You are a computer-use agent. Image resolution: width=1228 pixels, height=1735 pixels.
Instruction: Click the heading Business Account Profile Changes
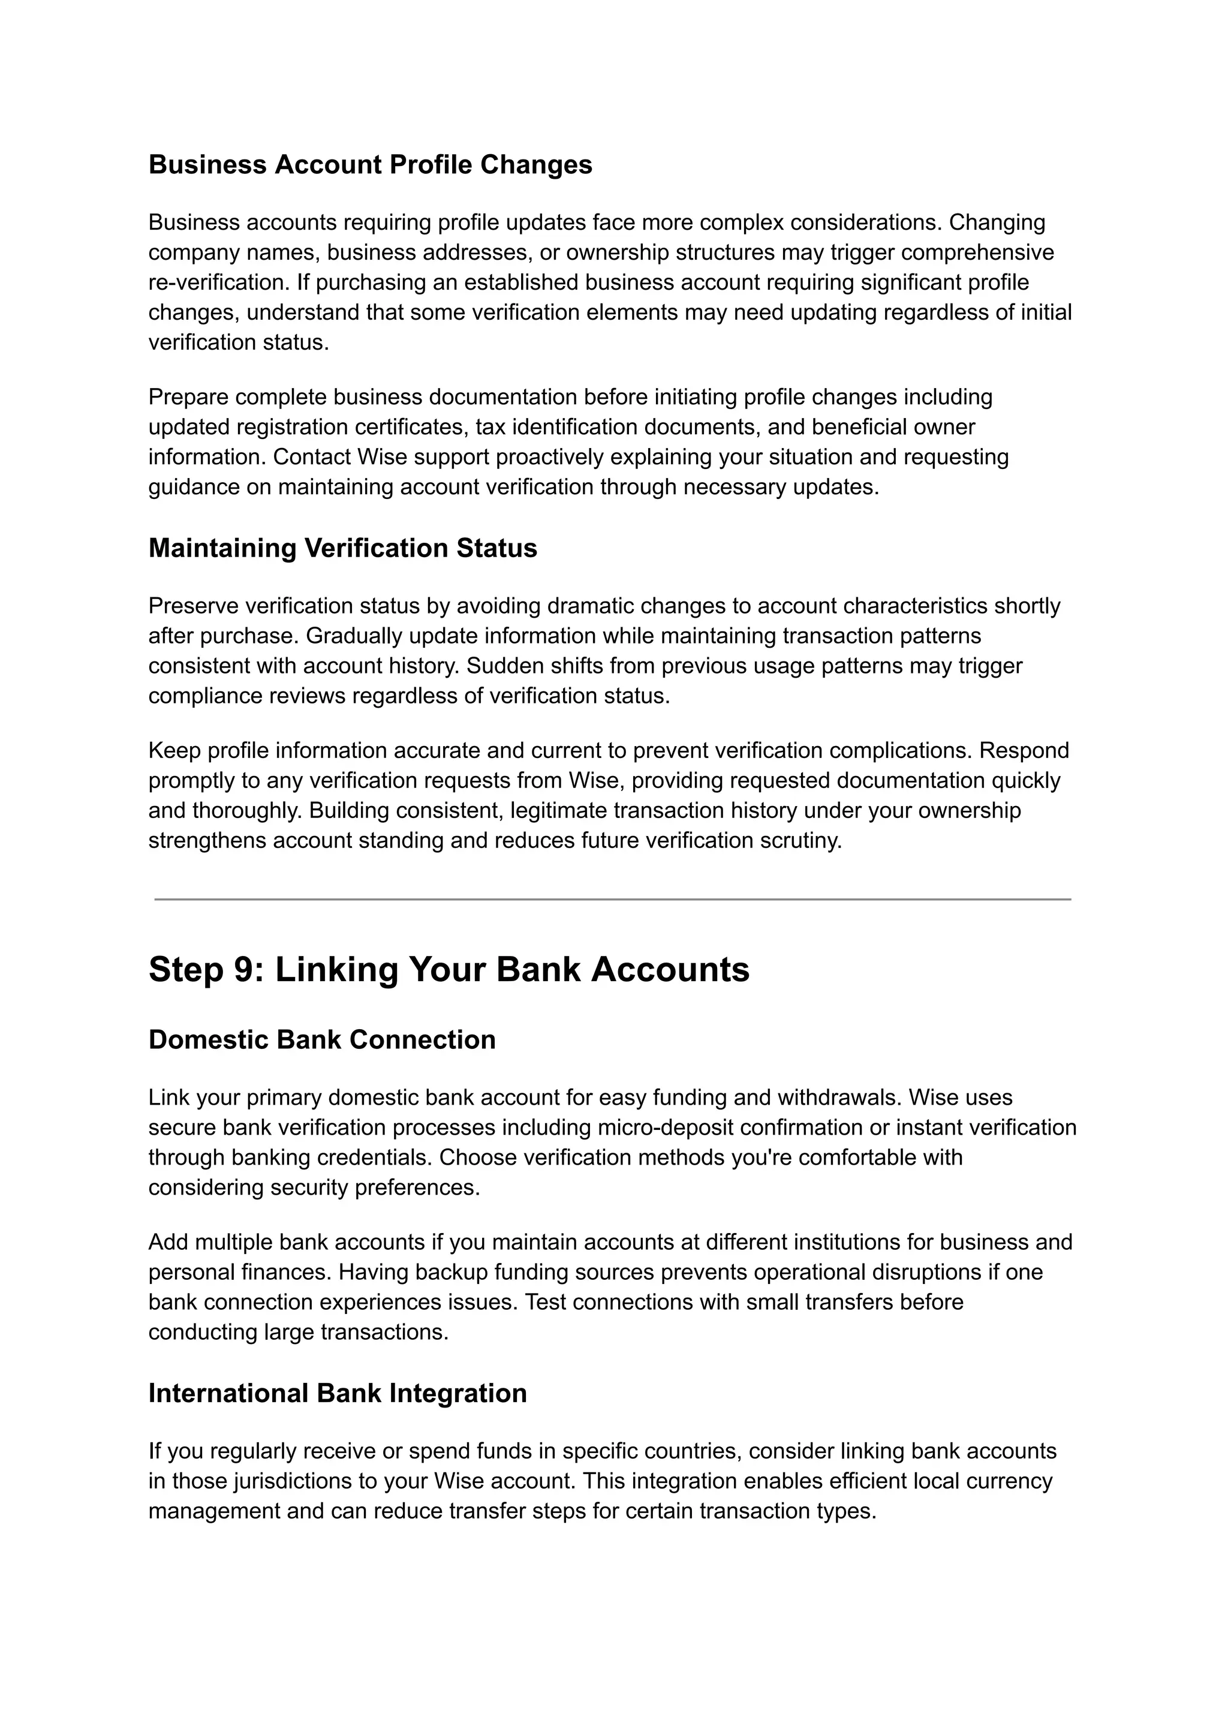[x=370, y=165]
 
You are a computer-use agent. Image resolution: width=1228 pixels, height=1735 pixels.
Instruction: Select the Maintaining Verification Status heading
[x=342, y=548]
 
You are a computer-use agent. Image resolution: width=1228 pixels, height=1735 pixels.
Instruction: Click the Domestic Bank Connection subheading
[x=322, y=1040]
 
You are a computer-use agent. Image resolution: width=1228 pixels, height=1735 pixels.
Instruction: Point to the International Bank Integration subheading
[x=337, y=1393]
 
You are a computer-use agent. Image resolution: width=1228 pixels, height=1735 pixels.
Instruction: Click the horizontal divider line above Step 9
[x=612, y=899]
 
